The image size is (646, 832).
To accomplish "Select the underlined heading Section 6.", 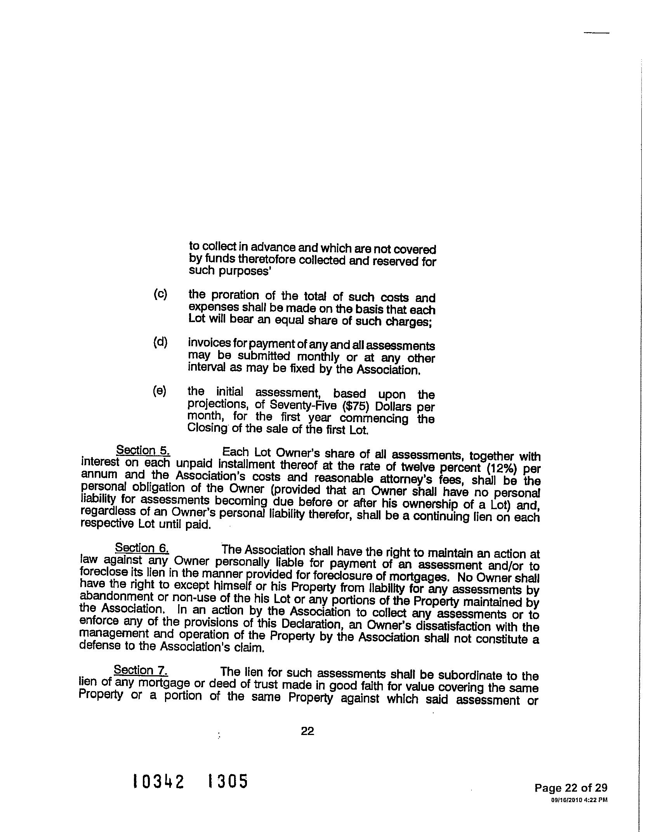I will tap(142, 548).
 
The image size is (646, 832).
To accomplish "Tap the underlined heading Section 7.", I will tap(141, 670).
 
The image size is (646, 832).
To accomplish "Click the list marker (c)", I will tap(160, 294).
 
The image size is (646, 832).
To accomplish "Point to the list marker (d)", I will tap(160, 342).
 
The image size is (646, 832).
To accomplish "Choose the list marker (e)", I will tap(160, 391).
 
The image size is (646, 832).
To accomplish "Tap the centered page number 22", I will tap(307, 731).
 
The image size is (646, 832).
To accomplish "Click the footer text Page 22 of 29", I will tap(571, 787).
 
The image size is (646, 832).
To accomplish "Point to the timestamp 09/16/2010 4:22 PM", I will tap(579, 799).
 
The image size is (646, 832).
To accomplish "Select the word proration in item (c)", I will tap(240, 295).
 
